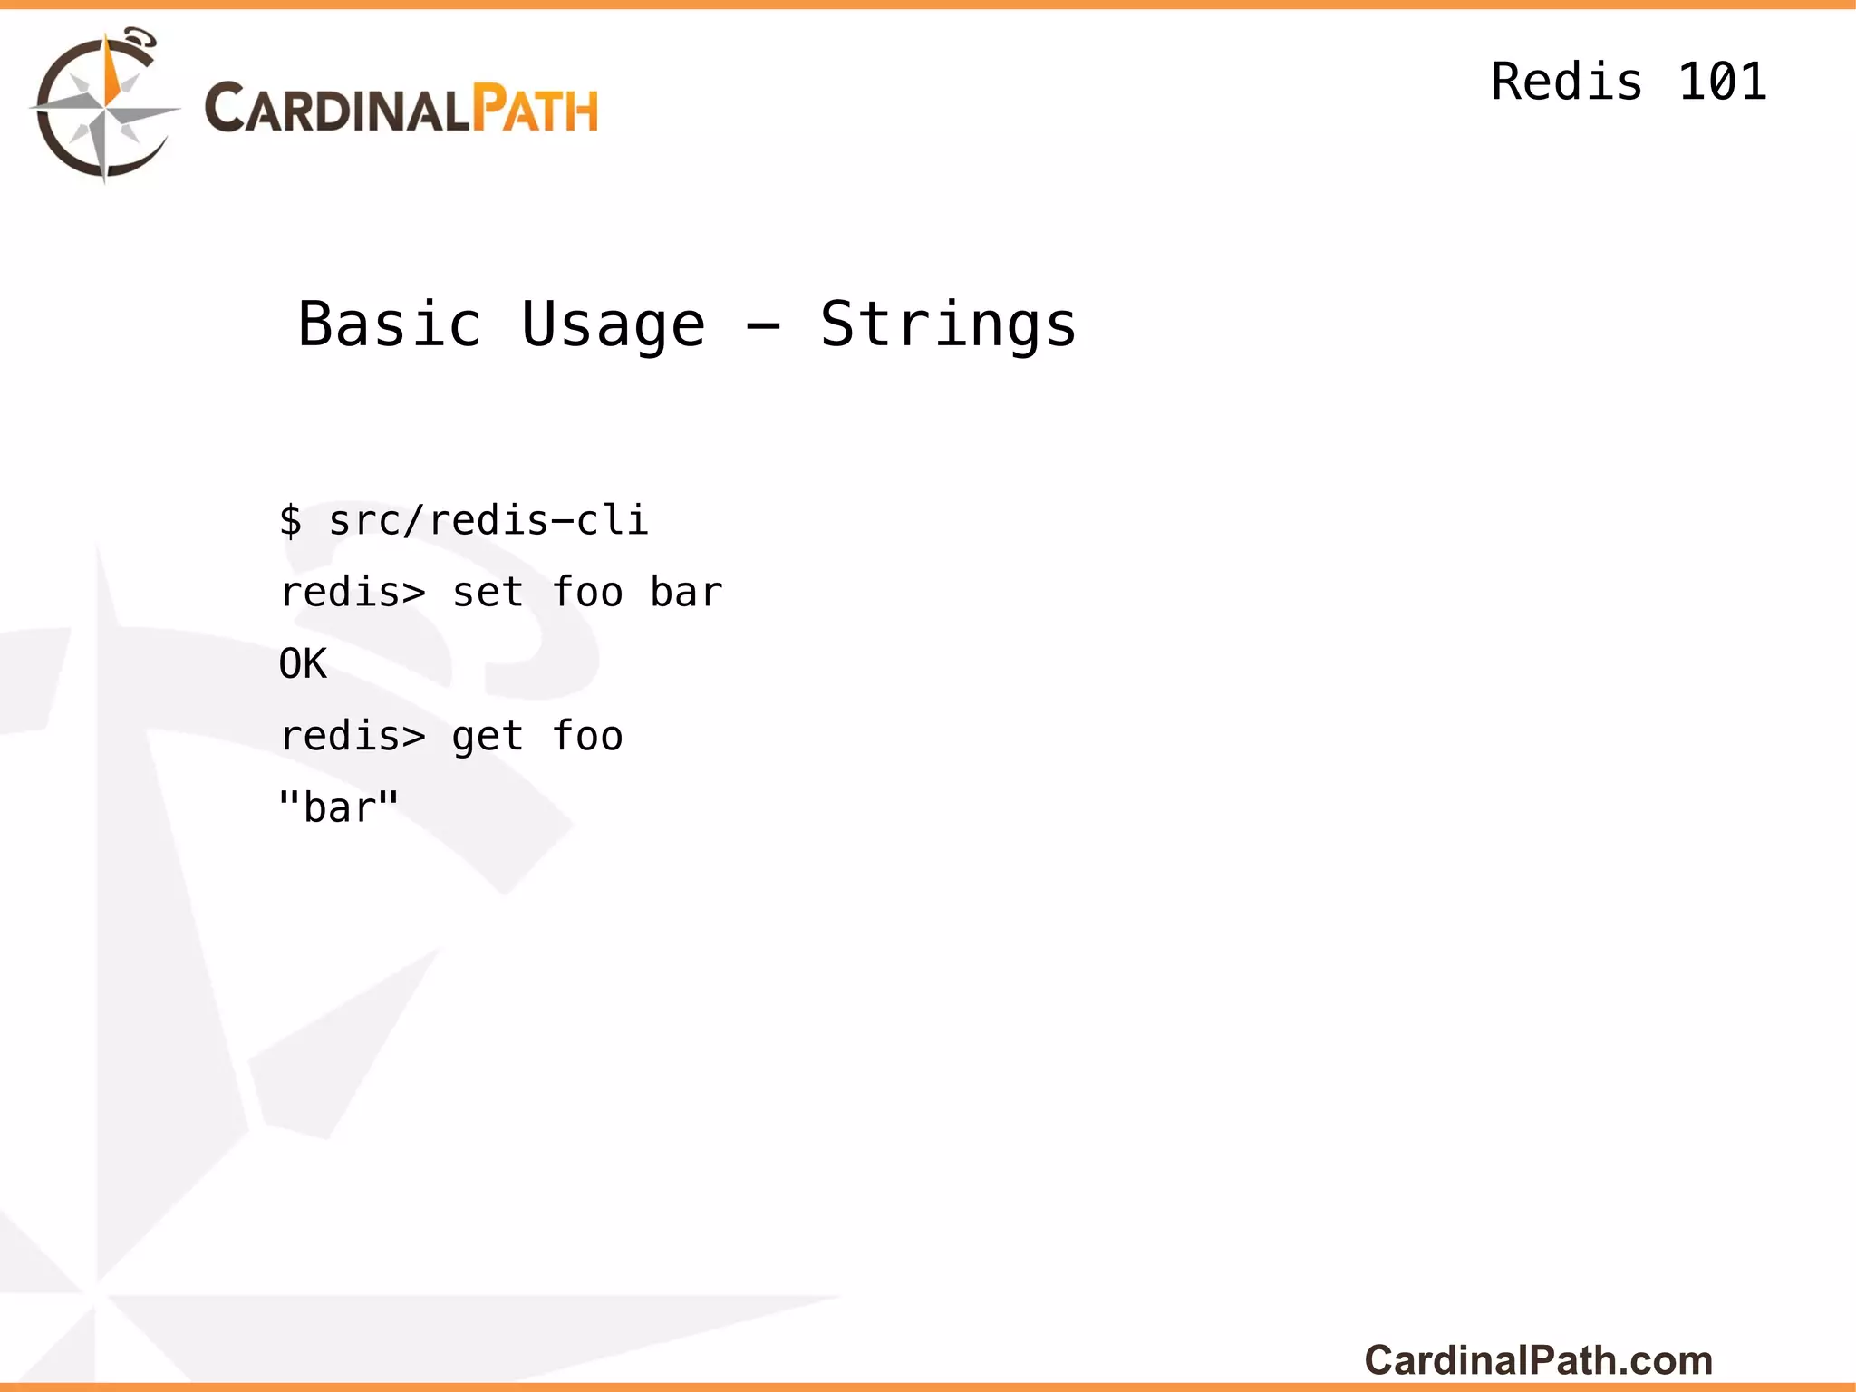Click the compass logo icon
104,107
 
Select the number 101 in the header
1722,82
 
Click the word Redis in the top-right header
1566,82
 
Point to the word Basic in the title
390,324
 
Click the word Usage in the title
613,324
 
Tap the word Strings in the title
948,324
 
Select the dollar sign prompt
290,520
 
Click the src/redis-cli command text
488,520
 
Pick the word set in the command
488,593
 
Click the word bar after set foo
686,593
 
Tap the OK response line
303,664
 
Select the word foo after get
587,736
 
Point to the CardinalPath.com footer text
1538,1360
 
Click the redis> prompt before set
353,593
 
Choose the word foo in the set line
587,593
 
